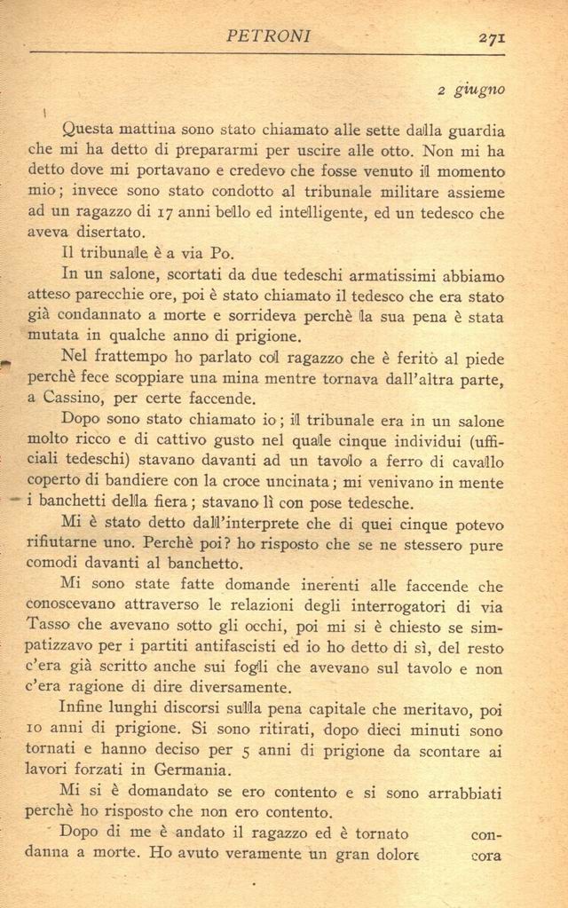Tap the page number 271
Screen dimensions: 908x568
point(491,37)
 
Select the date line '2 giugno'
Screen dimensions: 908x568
point(471,90)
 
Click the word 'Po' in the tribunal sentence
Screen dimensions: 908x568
point(222,253)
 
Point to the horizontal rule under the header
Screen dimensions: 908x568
point(266,53)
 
